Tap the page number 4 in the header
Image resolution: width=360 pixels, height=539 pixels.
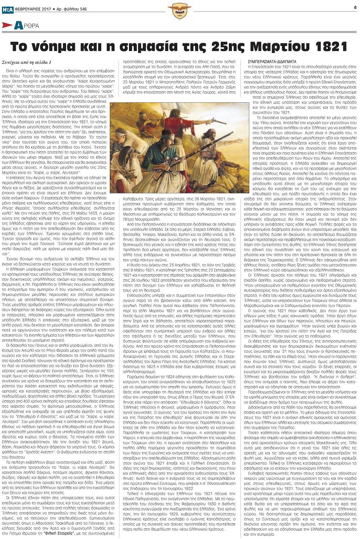point(355,7)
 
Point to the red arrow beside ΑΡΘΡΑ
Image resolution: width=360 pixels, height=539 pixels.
point(7,25)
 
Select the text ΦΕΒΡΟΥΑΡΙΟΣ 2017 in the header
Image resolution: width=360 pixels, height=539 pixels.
point(33,9)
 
